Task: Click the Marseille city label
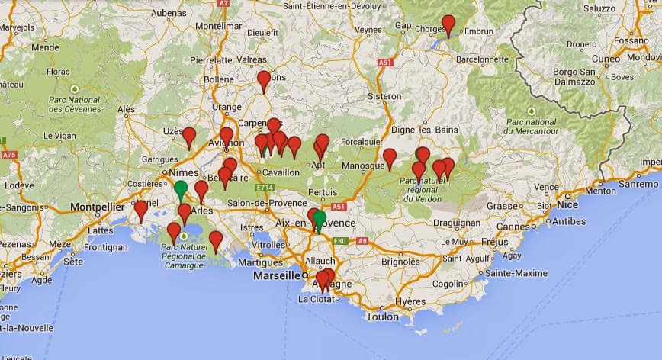coord(278,275)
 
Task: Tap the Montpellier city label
coord(97,206)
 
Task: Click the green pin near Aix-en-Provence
coord(320,220)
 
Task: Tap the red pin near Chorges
coord(448,24)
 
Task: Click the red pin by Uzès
coord(189,137)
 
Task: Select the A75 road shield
coord(9,155)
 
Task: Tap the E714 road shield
coord(265,187)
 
